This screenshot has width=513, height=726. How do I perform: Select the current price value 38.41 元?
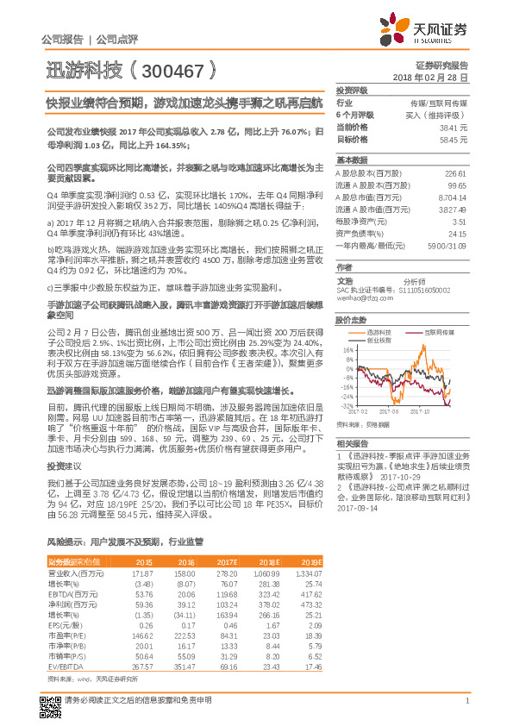pyautogui.click(x=453, y=126)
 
